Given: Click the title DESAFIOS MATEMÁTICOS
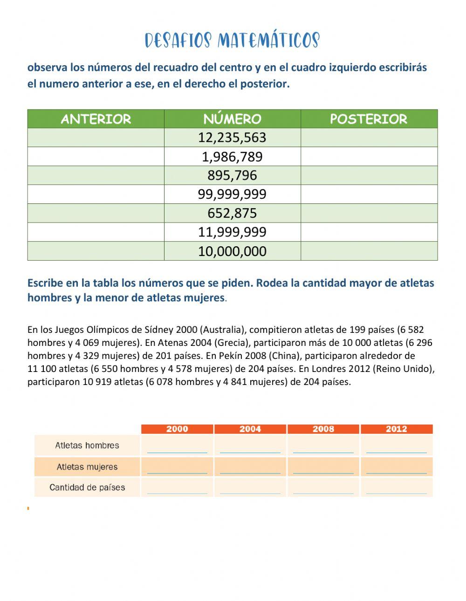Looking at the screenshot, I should [232, 41].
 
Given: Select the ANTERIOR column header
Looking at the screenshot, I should [96, 119].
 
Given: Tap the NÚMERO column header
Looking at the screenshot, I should [232, 119].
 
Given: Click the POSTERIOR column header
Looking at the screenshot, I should [369, 119].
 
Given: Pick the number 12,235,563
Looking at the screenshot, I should [232, 138].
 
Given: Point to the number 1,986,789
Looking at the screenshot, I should [232, 157].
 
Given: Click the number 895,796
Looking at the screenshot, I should [232, 176].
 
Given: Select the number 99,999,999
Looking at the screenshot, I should [232, 195].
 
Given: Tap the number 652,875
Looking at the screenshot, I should [232, 213].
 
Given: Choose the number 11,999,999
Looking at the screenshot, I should [232, 232].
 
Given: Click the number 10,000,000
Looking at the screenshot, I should [232, 251].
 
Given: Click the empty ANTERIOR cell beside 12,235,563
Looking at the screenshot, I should [96, 138].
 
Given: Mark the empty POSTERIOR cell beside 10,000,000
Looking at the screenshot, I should [369, 251].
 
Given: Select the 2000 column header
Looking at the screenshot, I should [177, 429].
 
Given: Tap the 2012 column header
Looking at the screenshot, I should [397, 429].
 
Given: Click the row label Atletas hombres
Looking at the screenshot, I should [87, 446].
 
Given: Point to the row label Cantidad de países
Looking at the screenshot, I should [87, 488].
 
